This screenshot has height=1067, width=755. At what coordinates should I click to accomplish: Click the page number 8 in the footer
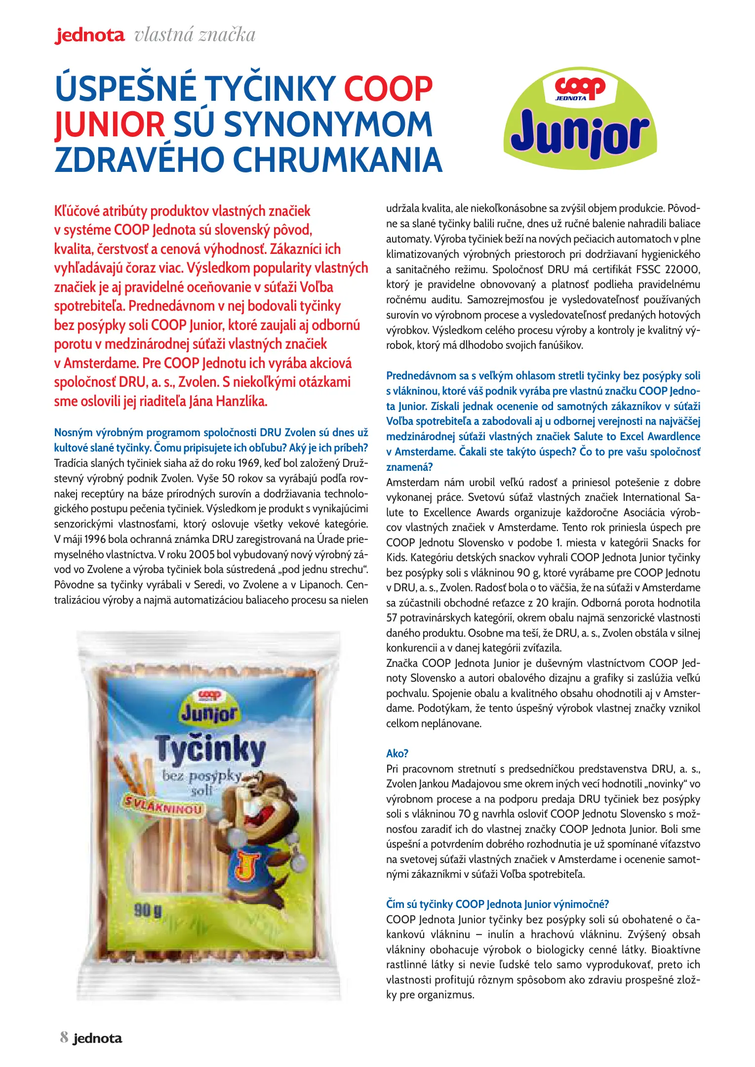[x=64, y=1037]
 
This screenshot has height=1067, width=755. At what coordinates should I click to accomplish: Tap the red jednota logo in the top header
[x=90, y=36]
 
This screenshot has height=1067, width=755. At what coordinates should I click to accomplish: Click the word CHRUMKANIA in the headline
[x=337, y=160]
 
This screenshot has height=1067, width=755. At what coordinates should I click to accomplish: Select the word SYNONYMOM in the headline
[x=328, y=124]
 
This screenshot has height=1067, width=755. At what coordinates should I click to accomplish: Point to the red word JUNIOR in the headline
[x=110, y=124]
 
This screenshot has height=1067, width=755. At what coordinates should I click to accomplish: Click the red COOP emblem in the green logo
[x=580, y=87]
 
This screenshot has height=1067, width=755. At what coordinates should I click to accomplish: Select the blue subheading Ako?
[x=397, y=753]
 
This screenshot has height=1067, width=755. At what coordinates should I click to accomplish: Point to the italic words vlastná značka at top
[x=195, y=35]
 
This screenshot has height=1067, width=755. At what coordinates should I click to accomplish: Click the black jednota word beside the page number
[x=97, y=1038]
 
